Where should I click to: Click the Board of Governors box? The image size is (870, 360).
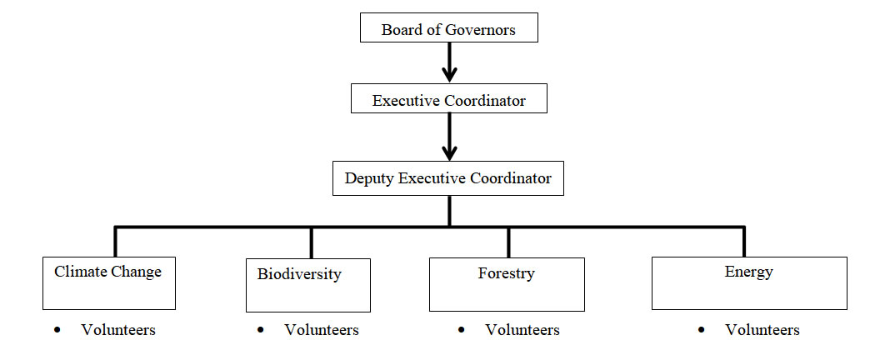point(448,30)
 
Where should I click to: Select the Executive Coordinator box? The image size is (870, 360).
point(448,100)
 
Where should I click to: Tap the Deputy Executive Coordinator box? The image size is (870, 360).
point(448,178)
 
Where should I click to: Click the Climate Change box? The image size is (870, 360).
point(109,283)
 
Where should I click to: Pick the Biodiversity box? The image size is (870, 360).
point(308,285)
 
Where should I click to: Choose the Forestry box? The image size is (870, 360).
point(506,284)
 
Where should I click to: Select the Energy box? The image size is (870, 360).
point(748,283)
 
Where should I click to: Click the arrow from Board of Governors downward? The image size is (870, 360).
point(449,62)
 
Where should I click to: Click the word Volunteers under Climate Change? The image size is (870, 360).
point(118,330)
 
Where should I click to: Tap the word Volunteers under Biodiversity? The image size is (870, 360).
point(322,331)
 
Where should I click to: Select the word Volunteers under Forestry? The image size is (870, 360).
point(522,331)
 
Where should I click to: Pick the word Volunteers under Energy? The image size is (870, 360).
point(762,331)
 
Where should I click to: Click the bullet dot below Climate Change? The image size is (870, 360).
point(57,330)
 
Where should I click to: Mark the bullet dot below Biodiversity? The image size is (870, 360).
point(261,330)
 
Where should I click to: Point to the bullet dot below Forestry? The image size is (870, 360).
point(461,330)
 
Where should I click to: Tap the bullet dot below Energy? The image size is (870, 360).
point(702,330)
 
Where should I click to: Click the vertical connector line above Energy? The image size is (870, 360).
point(743,241)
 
